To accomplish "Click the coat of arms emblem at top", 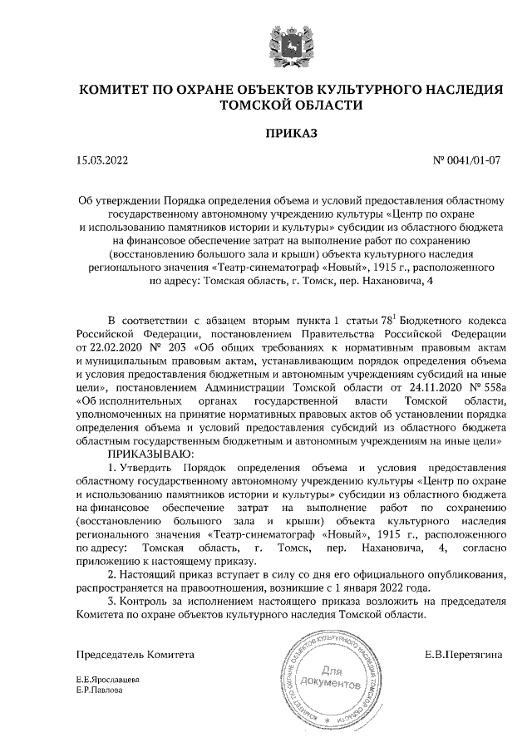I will point(290,45).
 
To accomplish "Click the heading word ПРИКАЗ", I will point(290,132).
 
